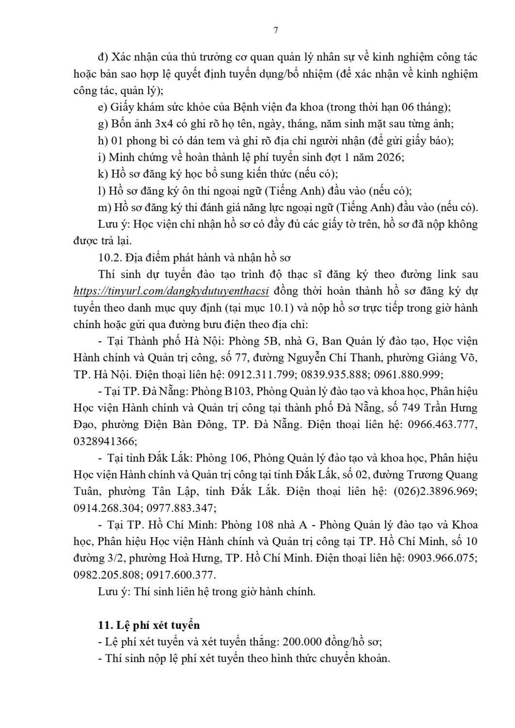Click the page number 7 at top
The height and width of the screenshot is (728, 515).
click(x=276, y=30)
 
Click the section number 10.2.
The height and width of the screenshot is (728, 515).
click(x=108, y=258)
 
